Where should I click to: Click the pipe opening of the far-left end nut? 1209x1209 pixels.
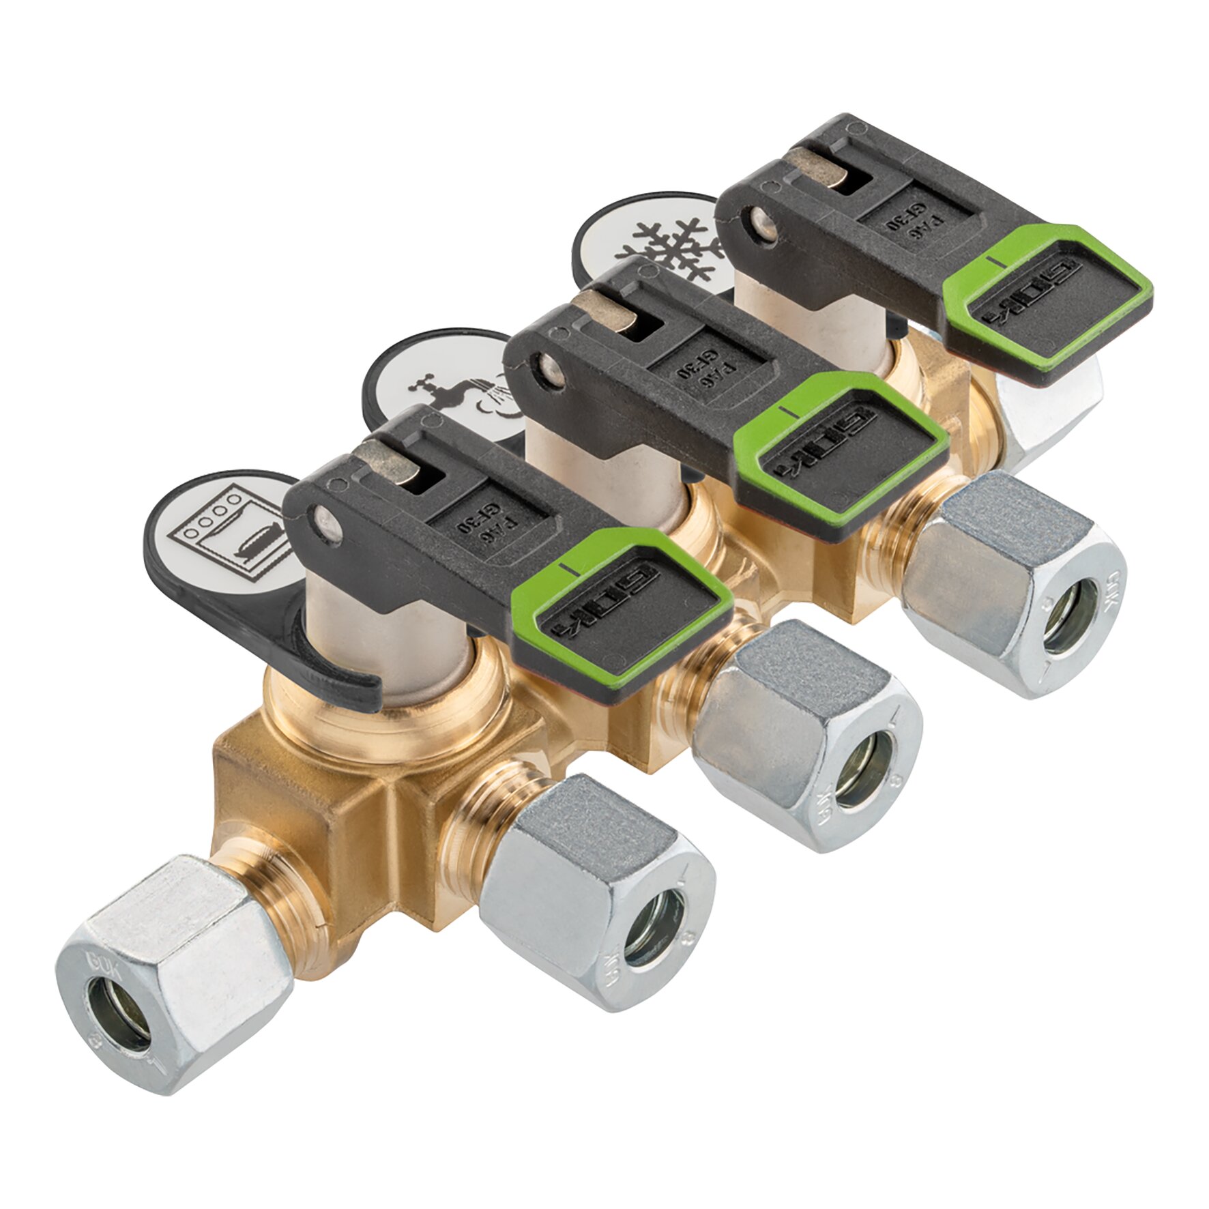120,1020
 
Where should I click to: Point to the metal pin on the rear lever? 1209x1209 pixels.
762,223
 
